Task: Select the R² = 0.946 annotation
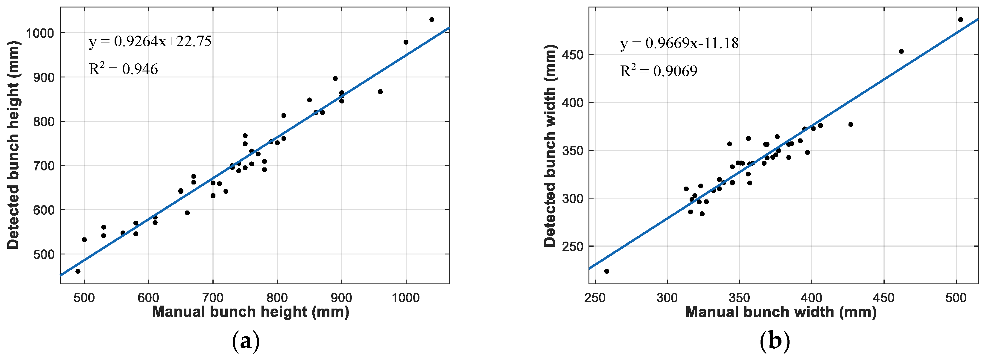pos(123,69)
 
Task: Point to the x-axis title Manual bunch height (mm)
pos(251,312)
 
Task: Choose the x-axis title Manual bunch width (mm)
pos(781,312)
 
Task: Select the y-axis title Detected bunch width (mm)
pos(550,146)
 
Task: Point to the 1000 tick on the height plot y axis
pos(40,33)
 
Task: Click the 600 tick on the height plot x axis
pos(149,298)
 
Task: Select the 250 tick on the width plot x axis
pos(595,298)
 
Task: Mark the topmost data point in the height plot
pos(432,19)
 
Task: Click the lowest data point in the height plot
pos(78,271)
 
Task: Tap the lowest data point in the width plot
pos(606,271)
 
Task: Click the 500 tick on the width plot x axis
pos(956,298)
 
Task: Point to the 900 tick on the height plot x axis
pos(341,298)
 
